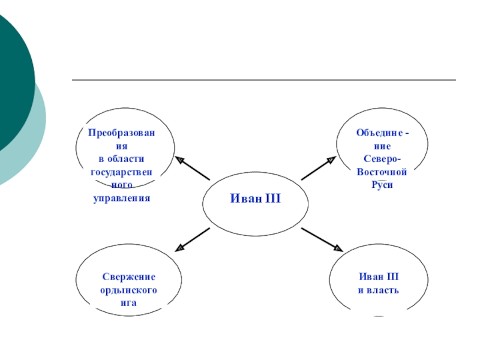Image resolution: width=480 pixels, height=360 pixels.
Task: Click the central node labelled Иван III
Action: [256, 198]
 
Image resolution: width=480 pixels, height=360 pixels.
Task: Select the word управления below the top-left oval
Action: [121, 197]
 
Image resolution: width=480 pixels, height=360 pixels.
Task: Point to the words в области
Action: [121, 158]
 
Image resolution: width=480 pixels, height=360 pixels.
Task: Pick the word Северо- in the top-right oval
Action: [382, 158]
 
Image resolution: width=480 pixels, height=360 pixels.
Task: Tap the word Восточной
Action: [382, 172]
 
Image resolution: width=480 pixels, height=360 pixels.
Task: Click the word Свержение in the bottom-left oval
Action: [128, 277]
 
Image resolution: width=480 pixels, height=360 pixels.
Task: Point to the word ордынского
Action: [128, 290]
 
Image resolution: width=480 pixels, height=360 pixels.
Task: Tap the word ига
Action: [128, 303]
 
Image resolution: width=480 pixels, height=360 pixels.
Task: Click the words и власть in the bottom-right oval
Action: [378, 290]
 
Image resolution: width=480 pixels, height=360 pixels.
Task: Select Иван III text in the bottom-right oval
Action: [378, 277]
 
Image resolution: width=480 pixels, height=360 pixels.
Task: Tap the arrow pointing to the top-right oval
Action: [319, 169]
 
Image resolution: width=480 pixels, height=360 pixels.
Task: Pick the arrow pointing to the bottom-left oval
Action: [193, 239]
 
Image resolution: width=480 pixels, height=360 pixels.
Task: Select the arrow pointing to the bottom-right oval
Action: [322, 239]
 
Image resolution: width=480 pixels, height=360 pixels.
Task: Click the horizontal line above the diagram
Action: [264, 80]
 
